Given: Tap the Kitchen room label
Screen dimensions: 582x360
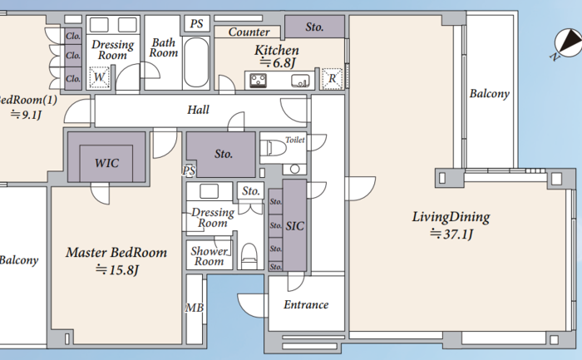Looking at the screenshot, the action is [x=277, y=50].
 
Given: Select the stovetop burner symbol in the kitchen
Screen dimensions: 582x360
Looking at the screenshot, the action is [x=258, y=81].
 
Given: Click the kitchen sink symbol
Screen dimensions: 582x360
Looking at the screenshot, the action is [x=300, y=81].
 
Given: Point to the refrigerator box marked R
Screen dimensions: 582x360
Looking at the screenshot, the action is [x=332, y=79].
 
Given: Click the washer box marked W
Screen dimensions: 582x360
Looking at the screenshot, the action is [x=99, y=77].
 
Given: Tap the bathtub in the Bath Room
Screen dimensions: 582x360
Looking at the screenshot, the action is [x=196, y=62].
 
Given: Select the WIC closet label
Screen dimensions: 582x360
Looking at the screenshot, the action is [x=106, y=163].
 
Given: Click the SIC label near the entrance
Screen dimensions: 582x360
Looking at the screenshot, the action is [x=294, y=226].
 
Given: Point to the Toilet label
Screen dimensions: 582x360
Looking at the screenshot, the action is [x=295, y=140].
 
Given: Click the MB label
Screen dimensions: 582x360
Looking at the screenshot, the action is [x=195, y=308].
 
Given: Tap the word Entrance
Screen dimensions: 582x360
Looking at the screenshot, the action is [x=306, y=304].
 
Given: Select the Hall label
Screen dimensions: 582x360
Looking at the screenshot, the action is [x=198, y=110].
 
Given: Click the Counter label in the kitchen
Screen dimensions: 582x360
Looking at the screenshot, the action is [x=249, y=32].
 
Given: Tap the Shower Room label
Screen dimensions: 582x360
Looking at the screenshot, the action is [x=209, y=256].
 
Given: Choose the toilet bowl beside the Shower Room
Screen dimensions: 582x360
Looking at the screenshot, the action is [x=249, y=256].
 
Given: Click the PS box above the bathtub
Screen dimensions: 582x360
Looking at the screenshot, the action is [x=197, y=24].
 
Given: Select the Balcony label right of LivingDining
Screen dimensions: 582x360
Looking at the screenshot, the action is [x=489, y=93].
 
